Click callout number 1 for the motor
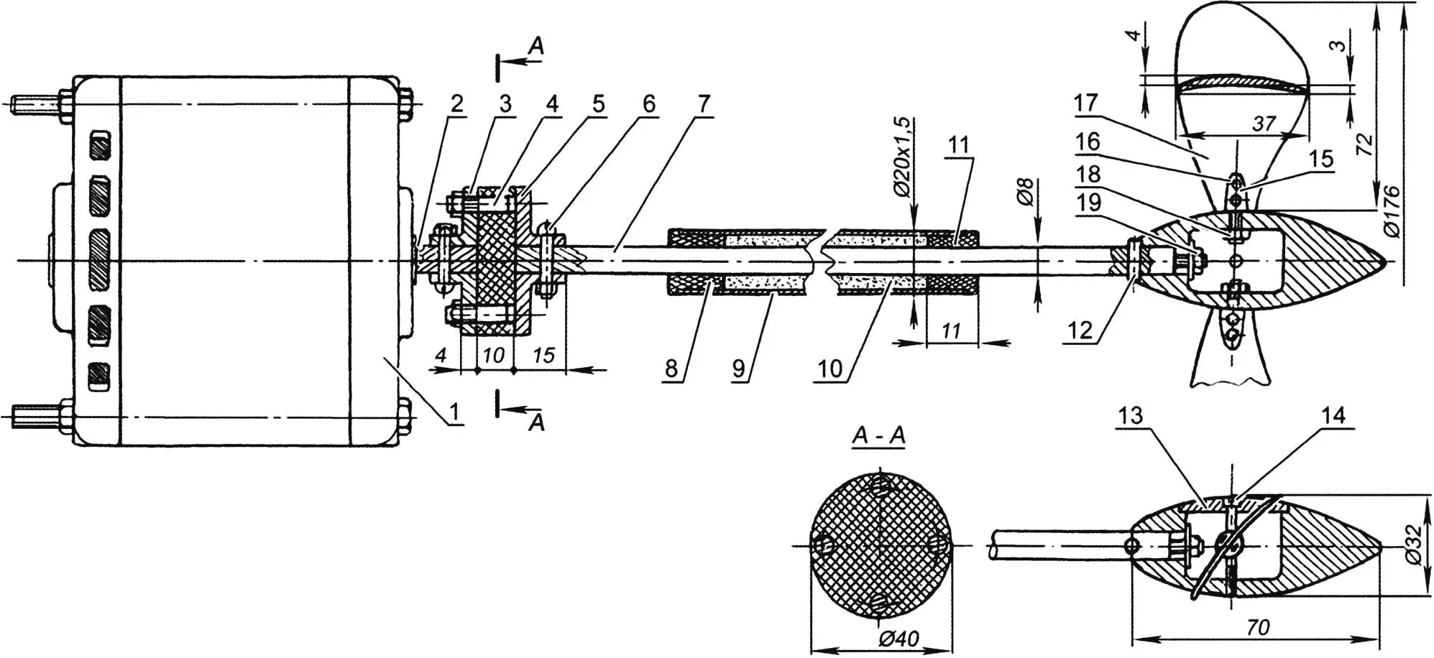click(454, 412)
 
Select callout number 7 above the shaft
click(703, 103)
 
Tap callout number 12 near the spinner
click(1080, 330)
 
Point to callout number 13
click(1130, 415)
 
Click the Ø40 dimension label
click(898, 639)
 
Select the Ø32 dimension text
click(1412, 545)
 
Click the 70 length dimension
click(1257, 628)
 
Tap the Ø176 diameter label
click(1392, 211)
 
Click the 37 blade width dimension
click(1264, 124)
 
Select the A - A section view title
click(878, 435)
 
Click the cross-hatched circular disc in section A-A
click(881, 546)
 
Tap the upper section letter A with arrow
click(536, 47)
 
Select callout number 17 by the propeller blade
click(1085, 103)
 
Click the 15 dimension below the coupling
click(543, 355)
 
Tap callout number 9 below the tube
click(739, 369)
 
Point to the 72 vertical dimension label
click(1364, 144)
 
